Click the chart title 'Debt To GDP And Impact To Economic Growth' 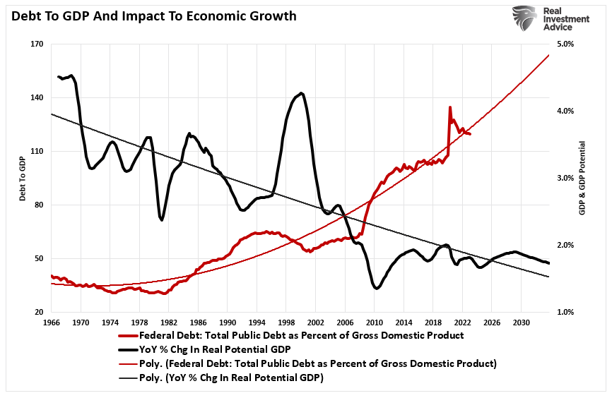[x=154, y=16]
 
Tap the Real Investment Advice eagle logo [x=525, y=18]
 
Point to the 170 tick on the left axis [x=37, y=44]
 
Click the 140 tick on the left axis [x=37, y=98]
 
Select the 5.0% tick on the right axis [x=565, y=44]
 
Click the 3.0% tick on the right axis [x=565, y=179]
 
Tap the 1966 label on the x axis [x=52, y=322]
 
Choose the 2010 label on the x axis [x=374, y=322]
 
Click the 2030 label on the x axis [x=521, y=322]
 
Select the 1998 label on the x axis [x=286, y=322]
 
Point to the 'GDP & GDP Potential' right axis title [x=583, y=179]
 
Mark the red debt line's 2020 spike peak [x=449, y=107]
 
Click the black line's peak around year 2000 [x=302, y=92]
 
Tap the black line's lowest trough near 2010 [x=376, y=289]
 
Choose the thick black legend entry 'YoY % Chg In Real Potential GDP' [x=220, y=349]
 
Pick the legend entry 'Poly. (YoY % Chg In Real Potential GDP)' [x=230, y=378]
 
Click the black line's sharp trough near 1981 [x=162, y=220]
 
